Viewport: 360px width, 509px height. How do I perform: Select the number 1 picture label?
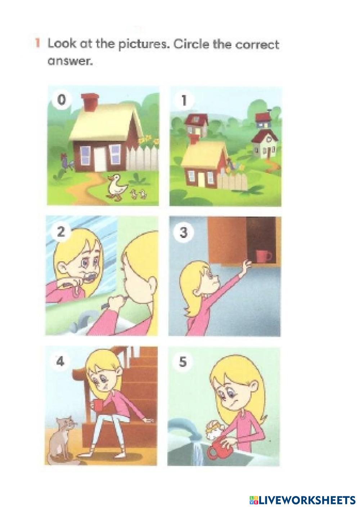(184, 100)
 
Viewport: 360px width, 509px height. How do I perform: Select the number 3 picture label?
(183, 232)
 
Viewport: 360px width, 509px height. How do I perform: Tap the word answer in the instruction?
(70, 61)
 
